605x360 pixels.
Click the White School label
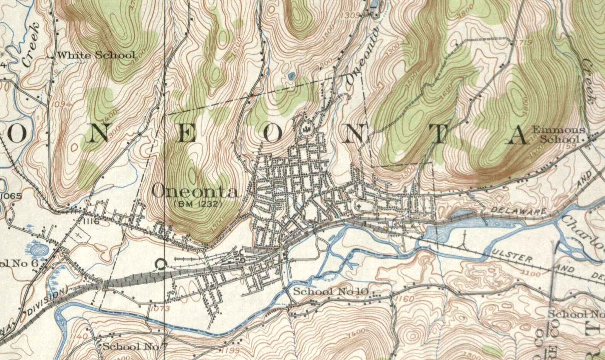[96, 55]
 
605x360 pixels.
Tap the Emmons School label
[558, 135]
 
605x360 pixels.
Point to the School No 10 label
[331, 291]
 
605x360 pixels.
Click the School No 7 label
[134, 346]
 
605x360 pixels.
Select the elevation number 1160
[404, 299]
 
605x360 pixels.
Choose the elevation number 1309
[352, 15]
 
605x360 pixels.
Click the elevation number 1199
[231, 350]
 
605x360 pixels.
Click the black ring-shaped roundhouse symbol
[160, 264]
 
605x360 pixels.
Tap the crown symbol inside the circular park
[306, 128]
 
